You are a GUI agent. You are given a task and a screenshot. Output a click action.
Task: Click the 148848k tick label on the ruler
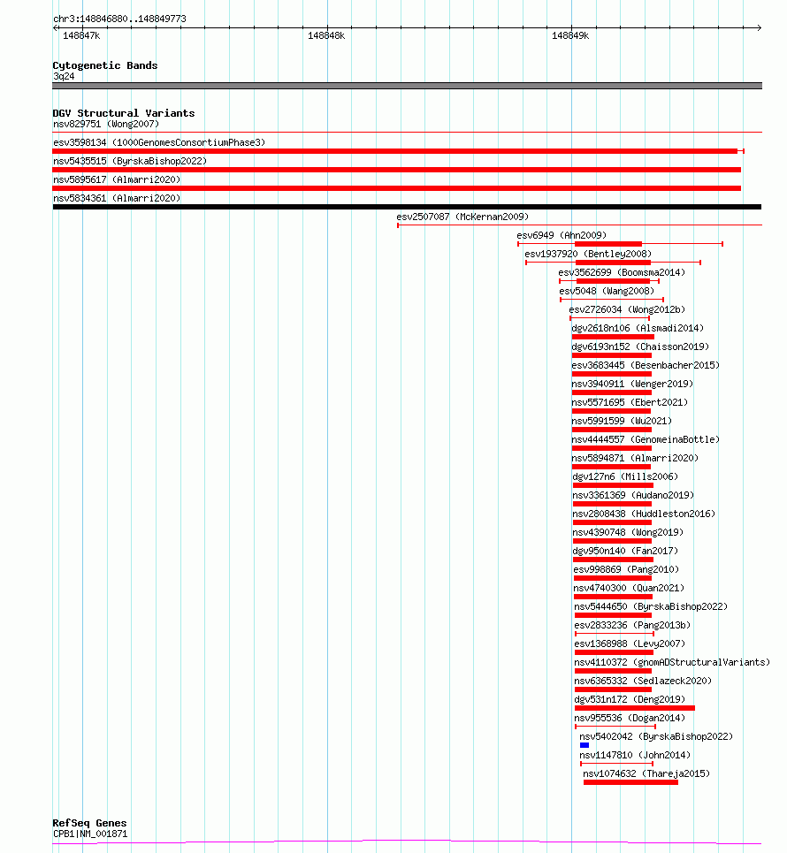click(326, 36)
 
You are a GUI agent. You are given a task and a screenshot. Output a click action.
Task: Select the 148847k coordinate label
click(81, 36)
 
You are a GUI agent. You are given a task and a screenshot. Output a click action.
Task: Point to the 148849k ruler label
click(570, 36)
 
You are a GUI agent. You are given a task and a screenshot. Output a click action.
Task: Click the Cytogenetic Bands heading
click(105, 65)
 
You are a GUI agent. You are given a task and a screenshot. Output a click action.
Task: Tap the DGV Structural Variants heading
click(124, 113)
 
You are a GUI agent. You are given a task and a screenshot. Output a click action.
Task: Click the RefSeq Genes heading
click(89, 823)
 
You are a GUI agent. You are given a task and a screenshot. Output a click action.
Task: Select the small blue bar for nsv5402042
click(585, 745)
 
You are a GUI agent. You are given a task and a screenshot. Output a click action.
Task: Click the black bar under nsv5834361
click(407, 207)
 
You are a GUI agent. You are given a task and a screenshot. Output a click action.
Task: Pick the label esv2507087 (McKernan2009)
click(462, 217)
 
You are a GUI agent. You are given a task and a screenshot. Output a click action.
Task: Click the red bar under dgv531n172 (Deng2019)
click(635, 708)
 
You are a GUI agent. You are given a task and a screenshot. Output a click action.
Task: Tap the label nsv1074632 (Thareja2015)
click(646, 773)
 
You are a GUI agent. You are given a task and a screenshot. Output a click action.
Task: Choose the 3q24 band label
click(64, 77)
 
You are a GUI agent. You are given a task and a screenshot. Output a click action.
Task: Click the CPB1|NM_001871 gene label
click(90, 834)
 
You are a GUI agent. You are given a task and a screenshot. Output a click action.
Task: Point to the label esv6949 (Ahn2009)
click(562, 235)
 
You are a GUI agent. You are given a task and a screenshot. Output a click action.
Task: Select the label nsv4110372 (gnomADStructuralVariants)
click(672, 663)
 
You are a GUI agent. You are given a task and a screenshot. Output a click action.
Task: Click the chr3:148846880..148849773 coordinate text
click(119, 19)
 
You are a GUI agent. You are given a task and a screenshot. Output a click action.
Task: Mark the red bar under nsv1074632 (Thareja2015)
click(630, 783)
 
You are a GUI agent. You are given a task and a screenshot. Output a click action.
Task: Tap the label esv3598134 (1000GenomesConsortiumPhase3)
click(159, 142)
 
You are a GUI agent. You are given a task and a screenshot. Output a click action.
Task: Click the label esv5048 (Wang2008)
click(607, 291)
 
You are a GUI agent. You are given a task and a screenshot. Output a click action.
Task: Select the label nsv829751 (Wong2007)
click(106, 124)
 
